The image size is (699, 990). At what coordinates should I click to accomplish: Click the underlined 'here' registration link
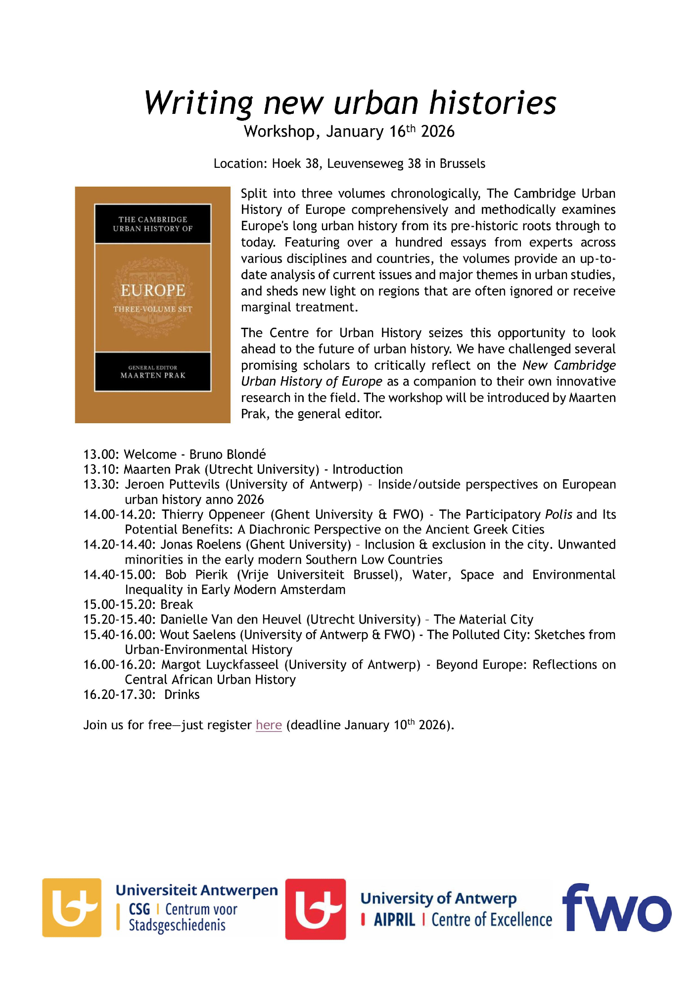pyautogui.click(x=269, y=725)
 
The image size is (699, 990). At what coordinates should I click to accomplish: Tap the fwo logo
pyautogui.click(x=616, y=908)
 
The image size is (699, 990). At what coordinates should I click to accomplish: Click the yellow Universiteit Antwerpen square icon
pyautogui.click(x=72, y=907)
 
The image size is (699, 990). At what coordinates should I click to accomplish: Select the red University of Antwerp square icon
pyautogui.click(x=316, y=909)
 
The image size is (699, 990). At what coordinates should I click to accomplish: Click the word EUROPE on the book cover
pyautogui.click(x=153, y=291)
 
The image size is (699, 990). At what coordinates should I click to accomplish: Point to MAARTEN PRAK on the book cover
pyautogui.click(x=153, y=376)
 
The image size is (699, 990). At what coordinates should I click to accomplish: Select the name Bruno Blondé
pyautogui.click(x=228, y=454)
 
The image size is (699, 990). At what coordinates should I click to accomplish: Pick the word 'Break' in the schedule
pyautogui.click(x=177, y=605)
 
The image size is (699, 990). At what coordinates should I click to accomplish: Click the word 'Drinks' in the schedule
pyautogui.click(x=182, y=695)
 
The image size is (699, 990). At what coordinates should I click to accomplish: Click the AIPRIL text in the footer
pyautogui.click(x=394, y=920)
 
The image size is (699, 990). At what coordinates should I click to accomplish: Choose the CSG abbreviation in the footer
pyautogui.click(x=139, y=909)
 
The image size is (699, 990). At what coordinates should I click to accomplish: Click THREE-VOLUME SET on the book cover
pyautogui.click(x=153, y=309)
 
